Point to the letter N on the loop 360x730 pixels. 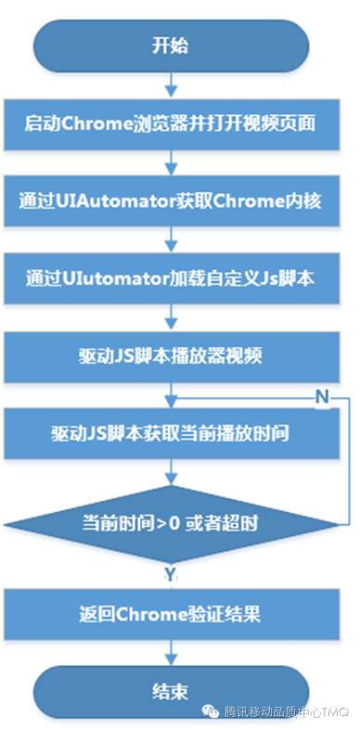(x=322, y=397)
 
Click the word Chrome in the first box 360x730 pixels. (x=90, y=122)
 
